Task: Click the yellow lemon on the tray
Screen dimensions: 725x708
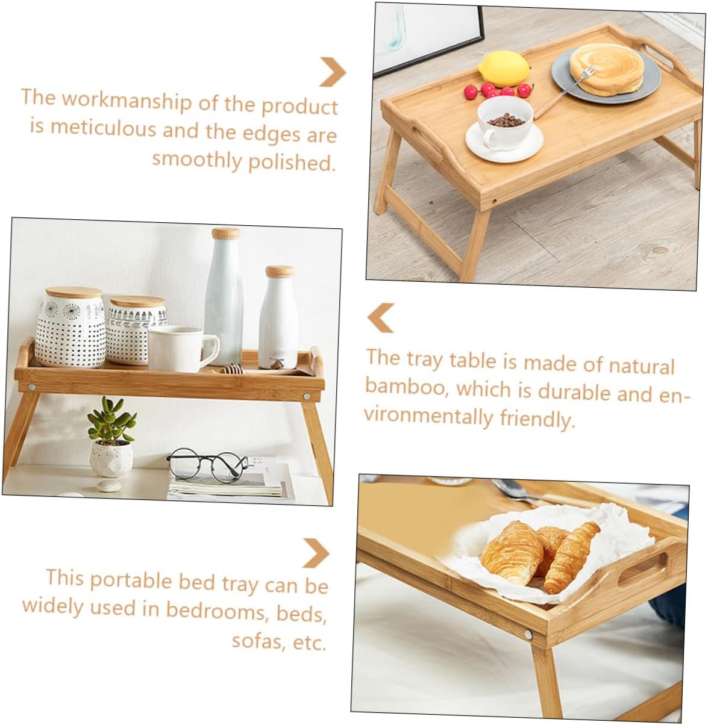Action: click(504, 68)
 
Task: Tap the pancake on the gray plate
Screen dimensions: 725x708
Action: click(606, 69)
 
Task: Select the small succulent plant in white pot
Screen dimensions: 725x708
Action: click(111, 437)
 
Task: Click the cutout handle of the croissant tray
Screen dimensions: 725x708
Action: click(642, 569)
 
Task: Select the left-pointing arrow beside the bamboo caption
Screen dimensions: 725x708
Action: click(381, 317)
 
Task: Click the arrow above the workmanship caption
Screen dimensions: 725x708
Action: click(332, 72)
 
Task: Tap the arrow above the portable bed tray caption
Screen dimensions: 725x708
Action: click(316, 553)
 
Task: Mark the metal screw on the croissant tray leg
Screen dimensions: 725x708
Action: click(528, 634)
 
